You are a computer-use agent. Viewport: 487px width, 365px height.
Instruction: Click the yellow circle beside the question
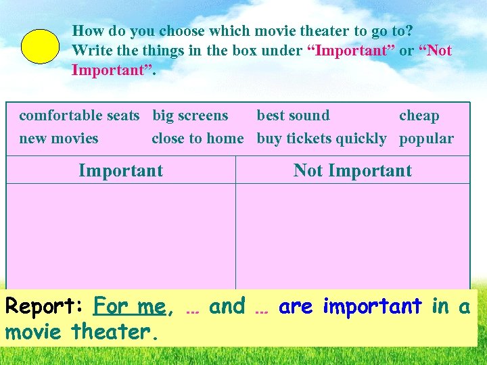tap(41, 47)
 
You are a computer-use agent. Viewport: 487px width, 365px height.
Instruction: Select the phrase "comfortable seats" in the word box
tap(79, 116)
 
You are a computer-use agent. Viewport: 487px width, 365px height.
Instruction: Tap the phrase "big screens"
tap(190, 116)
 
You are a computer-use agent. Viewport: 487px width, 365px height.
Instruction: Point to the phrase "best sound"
tap(293, 116)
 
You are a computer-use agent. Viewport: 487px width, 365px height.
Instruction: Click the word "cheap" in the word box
tap(419, 116)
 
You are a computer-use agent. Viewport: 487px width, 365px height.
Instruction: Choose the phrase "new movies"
tap(59, 139)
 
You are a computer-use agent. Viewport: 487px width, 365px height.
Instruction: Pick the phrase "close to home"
tap(198, 139)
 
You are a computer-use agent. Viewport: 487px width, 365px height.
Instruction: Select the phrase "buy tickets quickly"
tap(321, 139)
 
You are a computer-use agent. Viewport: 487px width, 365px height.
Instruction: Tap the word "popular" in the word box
tap(426, 139)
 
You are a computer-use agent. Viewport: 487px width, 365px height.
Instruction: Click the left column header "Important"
tap(120, 170)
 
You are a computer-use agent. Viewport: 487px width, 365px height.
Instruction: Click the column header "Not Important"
tap(352, 170)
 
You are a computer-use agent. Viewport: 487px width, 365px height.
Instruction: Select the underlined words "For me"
tap(129, 307)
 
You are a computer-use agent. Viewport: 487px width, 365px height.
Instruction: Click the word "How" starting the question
tap(87, 30)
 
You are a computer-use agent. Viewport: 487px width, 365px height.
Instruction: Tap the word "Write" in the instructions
tap(90, 51)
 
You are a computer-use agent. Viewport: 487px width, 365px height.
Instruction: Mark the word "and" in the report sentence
tap(227, 307)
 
